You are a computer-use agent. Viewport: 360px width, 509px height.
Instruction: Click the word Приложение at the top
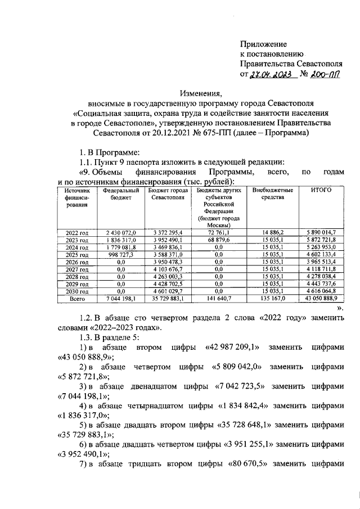[x=263, y=44]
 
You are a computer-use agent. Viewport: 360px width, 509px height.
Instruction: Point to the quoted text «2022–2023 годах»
[x=127, y=328]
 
